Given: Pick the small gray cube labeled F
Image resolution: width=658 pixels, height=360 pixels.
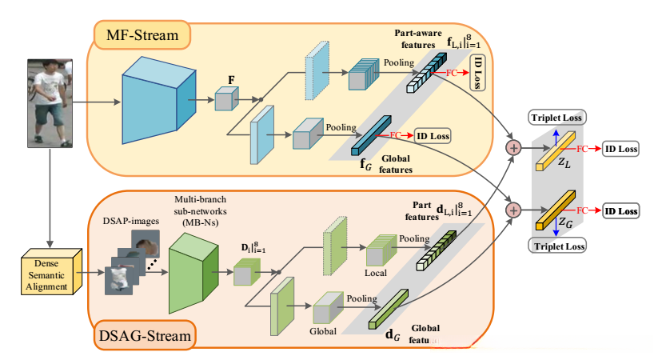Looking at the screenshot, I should [x=227, y=101].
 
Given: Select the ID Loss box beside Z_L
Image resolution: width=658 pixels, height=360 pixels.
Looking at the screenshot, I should [x=620, y=149].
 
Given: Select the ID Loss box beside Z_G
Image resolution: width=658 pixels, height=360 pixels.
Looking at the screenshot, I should [x=620, y=211].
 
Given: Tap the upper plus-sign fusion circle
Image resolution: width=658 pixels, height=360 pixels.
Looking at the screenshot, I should [x=512, y=147].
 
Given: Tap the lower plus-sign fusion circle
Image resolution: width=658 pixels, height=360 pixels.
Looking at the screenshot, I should [x=512, y=210].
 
